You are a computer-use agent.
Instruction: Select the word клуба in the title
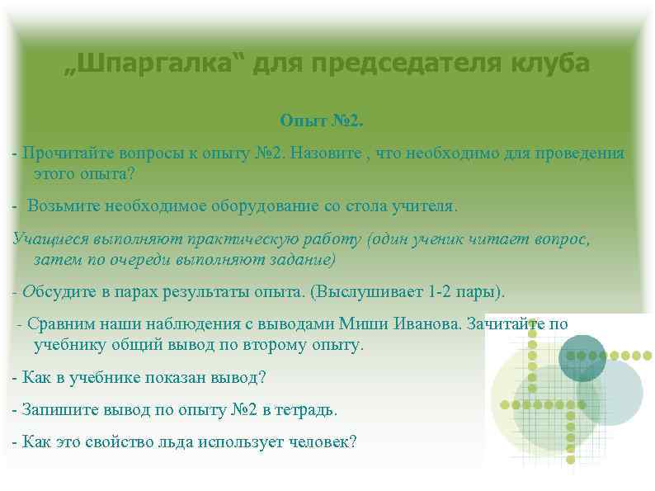click(x=549, y=64)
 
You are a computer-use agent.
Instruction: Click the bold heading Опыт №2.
click(x=321, y=121)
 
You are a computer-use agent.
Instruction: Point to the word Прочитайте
click(x=67, y=153)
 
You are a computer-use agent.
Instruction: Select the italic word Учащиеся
click(x=47, y=240)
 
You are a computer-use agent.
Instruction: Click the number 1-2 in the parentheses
click(x=443, y=292)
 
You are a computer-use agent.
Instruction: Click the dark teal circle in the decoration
click(x=582, y=358)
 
